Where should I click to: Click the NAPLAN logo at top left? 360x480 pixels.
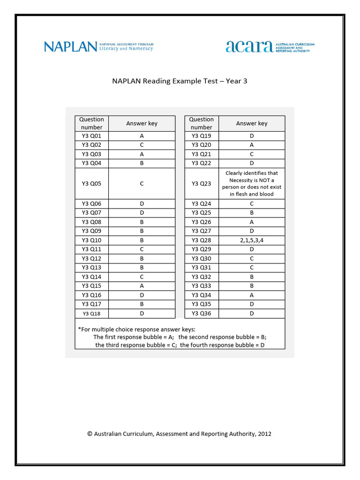98,46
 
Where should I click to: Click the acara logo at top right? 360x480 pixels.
270,46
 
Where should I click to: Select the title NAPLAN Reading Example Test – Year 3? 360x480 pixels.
180,81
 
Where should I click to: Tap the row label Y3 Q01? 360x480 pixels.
91,136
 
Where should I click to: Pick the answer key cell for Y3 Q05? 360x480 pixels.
142,184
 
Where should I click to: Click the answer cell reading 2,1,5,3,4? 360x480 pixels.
252,240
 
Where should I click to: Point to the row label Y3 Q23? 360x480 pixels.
202,184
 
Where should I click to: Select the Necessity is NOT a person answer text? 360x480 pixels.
252,184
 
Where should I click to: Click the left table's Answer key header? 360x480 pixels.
142,123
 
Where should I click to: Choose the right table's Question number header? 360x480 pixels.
202,123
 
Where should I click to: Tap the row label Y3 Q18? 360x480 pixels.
91,314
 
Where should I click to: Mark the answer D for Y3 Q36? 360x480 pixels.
252,314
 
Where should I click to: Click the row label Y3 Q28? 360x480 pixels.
202,240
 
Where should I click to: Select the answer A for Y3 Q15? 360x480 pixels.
142,286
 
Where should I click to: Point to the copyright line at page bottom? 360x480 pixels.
180,434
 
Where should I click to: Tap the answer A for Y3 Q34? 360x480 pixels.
252,295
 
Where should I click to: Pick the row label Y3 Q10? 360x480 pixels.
91,240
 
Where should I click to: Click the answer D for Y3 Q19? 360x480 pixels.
252,136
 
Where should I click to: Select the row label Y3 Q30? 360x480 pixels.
202,258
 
